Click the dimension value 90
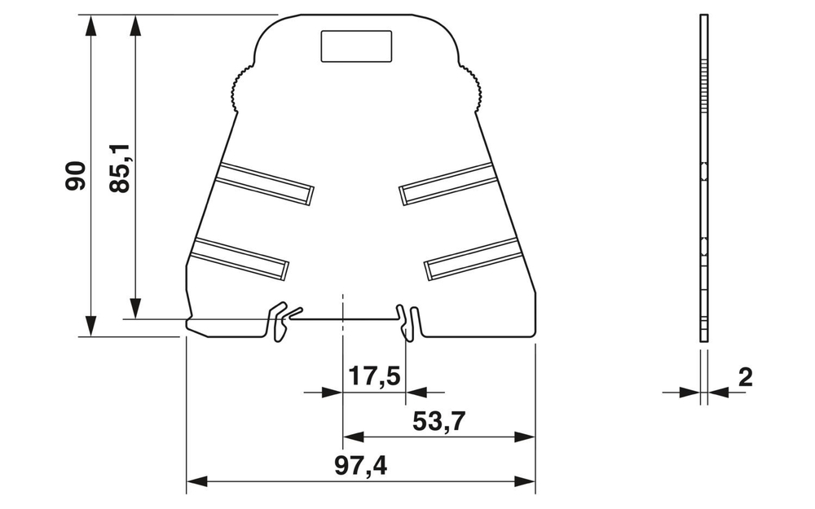pos(76,175)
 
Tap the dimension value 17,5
pos(374,377)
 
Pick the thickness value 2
pos(744,377)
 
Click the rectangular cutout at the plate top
pos(356,46)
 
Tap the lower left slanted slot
pos(240,260)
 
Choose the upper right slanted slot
pos(447,183)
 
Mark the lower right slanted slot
pos(474,260)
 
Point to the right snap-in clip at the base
pos(407,321)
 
